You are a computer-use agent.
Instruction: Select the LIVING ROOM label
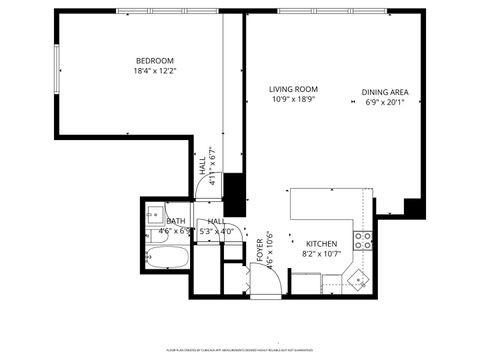[293, 90]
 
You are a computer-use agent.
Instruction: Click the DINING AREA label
[385, 94]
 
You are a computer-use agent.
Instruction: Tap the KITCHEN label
[321, 244]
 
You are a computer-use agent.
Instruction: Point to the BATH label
[176, 221]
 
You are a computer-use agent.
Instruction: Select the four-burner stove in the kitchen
[365, 240]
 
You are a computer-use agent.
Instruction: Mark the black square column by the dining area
[413, 207]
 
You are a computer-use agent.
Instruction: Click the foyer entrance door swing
[264, 283]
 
